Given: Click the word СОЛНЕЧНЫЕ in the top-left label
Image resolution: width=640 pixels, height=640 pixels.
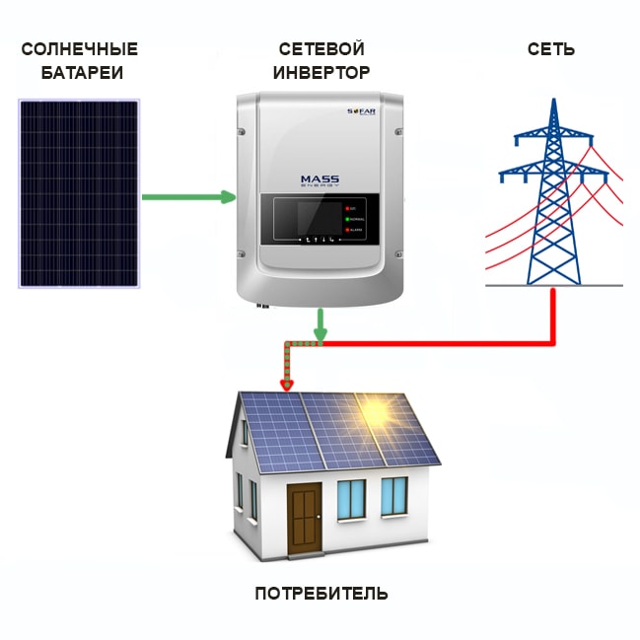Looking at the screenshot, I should [79, 49].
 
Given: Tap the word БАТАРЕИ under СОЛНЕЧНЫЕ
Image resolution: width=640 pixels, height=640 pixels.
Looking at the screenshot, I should [79, 73].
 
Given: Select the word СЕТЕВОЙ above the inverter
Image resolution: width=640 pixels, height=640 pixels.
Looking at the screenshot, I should [321, 49].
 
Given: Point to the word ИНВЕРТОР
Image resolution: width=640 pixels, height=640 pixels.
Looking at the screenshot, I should [321, 73].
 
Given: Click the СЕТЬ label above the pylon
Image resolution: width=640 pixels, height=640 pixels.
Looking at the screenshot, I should [551, 49].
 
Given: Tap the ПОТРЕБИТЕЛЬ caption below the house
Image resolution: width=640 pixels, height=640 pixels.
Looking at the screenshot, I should [321, 594].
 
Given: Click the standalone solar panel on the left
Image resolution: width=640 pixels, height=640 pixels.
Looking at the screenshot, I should [79, 192].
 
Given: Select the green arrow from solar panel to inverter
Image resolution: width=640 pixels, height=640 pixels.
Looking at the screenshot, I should [187, 197].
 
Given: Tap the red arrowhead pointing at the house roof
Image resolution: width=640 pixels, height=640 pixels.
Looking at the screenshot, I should [287, 384].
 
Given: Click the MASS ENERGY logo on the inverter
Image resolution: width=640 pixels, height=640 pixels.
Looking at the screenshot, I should [320, 181].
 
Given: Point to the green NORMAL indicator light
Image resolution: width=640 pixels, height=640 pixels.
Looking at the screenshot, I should [348, 219].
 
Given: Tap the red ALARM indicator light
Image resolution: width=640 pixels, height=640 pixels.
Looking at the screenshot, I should [348, 229].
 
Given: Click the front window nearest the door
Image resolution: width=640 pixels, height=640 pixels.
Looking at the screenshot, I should [351, 498].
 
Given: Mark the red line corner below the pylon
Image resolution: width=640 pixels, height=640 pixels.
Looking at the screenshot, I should [552, 343].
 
